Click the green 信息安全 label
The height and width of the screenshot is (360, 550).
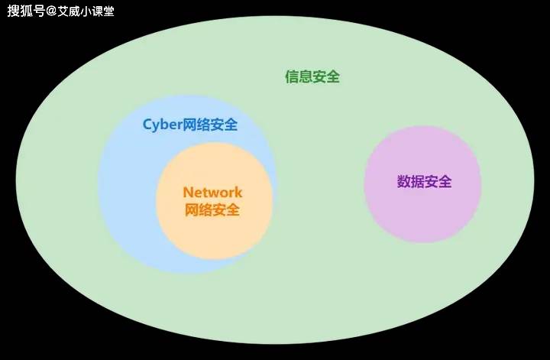pos(312,77)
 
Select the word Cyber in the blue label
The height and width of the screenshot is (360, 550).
pos(162,125)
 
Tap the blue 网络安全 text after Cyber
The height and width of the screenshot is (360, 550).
pos(210,125)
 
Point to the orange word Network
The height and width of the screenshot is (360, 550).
pos(212,193)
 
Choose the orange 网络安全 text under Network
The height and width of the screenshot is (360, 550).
pos(212,210)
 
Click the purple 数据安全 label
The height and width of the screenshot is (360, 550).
pos(425,181)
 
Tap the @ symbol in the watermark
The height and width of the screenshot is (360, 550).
pos(51,11)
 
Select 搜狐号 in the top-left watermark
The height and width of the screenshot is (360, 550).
pos(26,11)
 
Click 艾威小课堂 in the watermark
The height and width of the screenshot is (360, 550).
pos(86,11)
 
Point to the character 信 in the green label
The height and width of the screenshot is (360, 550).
pos(292,77)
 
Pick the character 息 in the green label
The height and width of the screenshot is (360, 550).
pos(306,77)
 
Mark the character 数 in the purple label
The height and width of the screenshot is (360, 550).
pos(404,181)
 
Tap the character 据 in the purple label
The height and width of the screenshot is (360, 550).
pos(417,181)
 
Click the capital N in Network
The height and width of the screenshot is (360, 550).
pos(189,193)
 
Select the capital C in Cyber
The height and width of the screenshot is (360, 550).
pos(147,125)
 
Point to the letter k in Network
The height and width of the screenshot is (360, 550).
pos(238,193)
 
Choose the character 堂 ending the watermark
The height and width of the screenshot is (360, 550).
pos(108,11)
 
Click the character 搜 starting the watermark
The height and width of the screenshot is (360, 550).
pos(14,11)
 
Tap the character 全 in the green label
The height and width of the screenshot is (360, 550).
pos(333,77)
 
